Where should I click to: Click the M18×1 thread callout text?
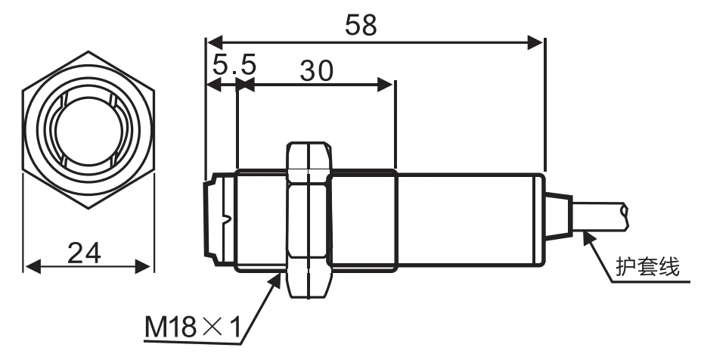[193, 327]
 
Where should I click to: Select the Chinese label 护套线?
[648, 267]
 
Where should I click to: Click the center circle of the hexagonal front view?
[88, 135]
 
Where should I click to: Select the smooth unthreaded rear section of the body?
[469, 219]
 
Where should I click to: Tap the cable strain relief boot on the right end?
[556, 217]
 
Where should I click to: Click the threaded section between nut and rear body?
[363, 219]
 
